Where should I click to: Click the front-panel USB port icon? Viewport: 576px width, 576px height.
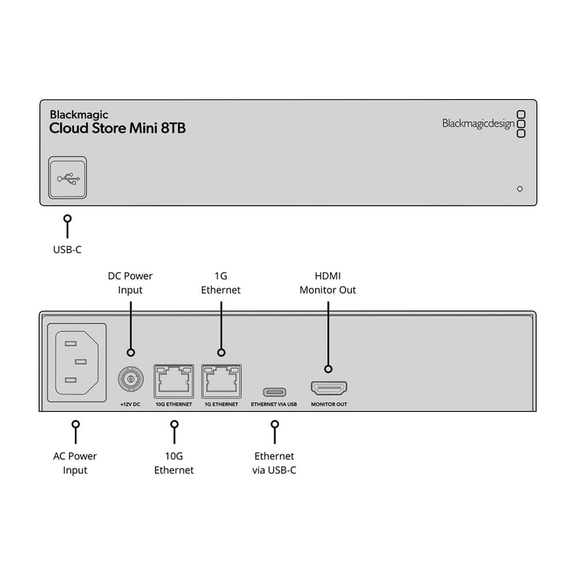point(67,179)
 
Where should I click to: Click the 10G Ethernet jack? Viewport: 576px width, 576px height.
point(173,380)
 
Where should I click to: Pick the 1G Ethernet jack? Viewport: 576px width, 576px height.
point(221,380)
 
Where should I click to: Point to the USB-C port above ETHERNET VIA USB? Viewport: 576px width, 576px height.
point(274,392)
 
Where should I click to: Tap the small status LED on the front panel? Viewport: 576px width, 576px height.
point(520,188)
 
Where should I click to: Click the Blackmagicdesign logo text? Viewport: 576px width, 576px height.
point(478,123)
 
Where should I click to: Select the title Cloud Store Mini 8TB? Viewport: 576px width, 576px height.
point(118,128)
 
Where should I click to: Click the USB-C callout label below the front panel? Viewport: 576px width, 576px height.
point(67,251)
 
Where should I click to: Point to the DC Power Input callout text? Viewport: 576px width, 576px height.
point(130,283)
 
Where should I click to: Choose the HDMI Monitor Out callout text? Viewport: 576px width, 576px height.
point(328,283)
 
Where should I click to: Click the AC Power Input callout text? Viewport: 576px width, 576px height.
point(75,463)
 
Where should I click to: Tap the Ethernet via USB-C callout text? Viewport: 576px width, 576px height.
point(274,463)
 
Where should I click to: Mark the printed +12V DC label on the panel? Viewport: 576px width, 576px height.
point(130,404)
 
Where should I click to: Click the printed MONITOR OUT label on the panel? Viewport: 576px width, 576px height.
point(329,404)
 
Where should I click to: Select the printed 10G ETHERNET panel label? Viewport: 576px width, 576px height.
point(173,404)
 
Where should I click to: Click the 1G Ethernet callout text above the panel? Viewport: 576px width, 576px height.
point(221,283)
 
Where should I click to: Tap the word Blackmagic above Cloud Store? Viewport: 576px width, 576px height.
point(79,115)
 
